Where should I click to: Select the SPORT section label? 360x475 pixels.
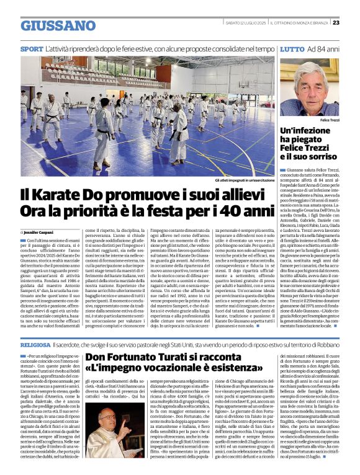pyautogui.click(x=32, y=48)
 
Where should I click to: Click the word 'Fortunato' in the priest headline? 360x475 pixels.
pyautogui.click(x=130, y=357)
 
